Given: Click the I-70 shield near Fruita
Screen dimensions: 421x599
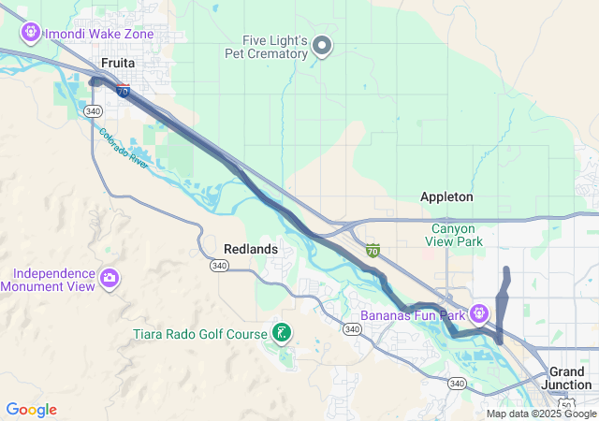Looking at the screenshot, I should click(x=124, y=91).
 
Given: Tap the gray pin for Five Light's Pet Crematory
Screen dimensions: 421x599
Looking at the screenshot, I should click(x=322, y=45).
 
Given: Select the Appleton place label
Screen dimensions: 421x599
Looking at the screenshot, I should click(x=446, y=197).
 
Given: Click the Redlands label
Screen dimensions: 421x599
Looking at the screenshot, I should click(x=251, y=249).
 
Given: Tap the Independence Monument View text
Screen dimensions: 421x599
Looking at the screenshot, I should click(x=53, y=280).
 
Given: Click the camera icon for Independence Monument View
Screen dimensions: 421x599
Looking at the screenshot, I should click(x=110, y=278).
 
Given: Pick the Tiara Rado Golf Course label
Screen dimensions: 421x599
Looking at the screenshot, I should click(x=200, y=334).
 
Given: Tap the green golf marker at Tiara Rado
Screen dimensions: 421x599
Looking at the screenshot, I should click(x=281, y=333).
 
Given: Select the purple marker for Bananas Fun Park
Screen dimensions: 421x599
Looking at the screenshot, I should click(x=479, y=312).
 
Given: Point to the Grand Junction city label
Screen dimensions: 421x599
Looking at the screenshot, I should click(x=566, y=378).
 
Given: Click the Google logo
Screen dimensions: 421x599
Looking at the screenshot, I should click(x=31, y=410).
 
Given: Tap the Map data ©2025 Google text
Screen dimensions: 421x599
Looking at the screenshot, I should click(x=540, y=414).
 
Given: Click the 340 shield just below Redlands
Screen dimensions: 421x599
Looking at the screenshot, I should click(x=219, y=266).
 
